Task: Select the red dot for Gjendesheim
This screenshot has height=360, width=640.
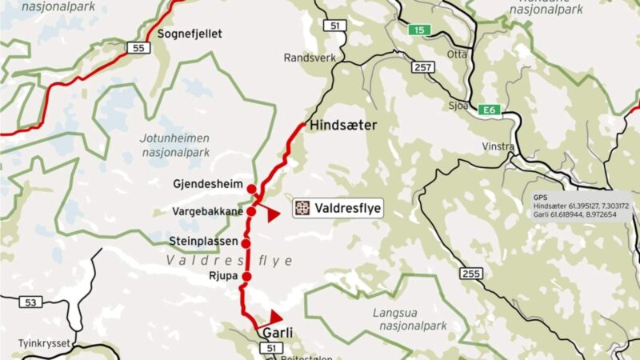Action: click(x=252, y=189)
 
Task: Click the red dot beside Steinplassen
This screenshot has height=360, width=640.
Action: click(x=246, y=243)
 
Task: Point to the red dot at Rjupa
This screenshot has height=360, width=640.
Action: click(x=246, y=277)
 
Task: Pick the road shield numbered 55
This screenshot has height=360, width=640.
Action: click(x=138, y=49)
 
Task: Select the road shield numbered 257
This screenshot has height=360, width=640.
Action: click(x=424, y=67)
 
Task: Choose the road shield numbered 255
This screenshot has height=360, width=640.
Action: click(x=470, y=274)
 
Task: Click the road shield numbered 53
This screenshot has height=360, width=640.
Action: click(x=31, y=302)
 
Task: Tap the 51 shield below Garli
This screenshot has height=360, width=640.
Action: click(x=273, y=348)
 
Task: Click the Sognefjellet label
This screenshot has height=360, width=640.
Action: click(x=190, y=34)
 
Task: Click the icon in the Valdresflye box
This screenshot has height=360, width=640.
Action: click(x=302, y=209)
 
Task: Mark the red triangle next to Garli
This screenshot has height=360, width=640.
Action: click(x=277, y=317)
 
